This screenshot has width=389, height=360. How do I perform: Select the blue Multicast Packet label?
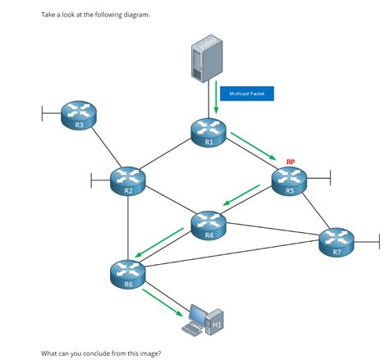tap(247, 94)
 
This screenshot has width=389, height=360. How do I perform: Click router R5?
tap(290, 180)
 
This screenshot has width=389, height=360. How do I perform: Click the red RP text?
tap(291, 162)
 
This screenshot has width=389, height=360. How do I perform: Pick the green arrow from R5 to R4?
tap(242, 197)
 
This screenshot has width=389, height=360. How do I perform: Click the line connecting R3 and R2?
tap(103, 148)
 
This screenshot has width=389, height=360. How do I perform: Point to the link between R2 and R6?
tap(128, 226)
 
